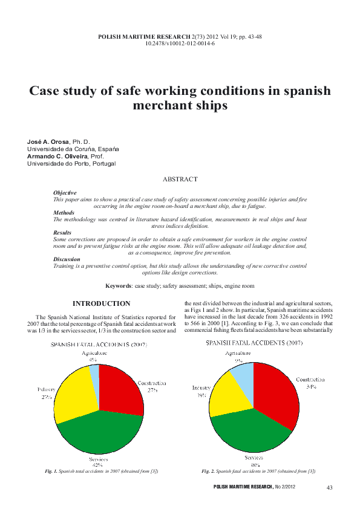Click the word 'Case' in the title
(48, 91)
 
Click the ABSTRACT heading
(180, 180)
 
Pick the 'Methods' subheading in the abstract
(64, 213)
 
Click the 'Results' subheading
(62, 233)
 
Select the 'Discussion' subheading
(66, 259)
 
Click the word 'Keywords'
(118, 285)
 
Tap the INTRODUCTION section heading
(101, 303)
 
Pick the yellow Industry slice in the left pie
(73, 396)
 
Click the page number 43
(329, 487)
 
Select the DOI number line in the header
(180, 44)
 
